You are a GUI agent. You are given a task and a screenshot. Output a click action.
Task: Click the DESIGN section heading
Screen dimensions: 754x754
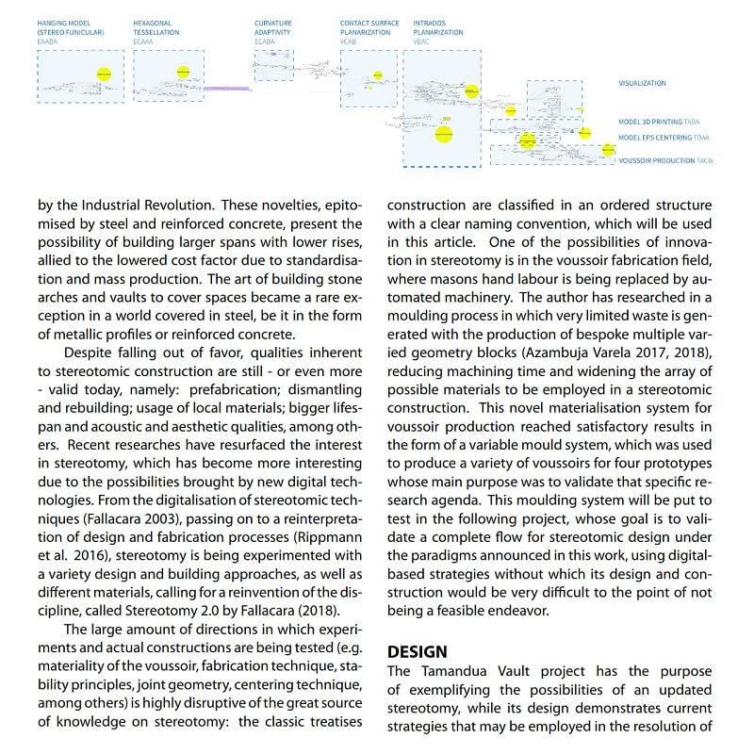click(x=418, y=652)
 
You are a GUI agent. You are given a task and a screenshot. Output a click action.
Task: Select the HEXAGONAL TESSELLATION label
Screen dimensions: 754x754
click(x=156, y=27)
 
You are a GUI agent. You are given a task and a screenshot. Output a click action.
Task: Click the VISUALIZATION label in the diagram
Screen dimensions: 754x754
click(x=642, y=84)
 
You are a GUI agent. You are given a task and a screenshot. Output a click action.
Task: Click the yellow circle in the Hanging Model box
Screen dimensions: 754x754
click(x=105, y=73)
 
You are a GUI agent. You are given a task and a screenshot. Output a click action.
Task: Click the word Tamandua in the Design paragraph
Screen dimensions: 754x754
click(x=456, y=671)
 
